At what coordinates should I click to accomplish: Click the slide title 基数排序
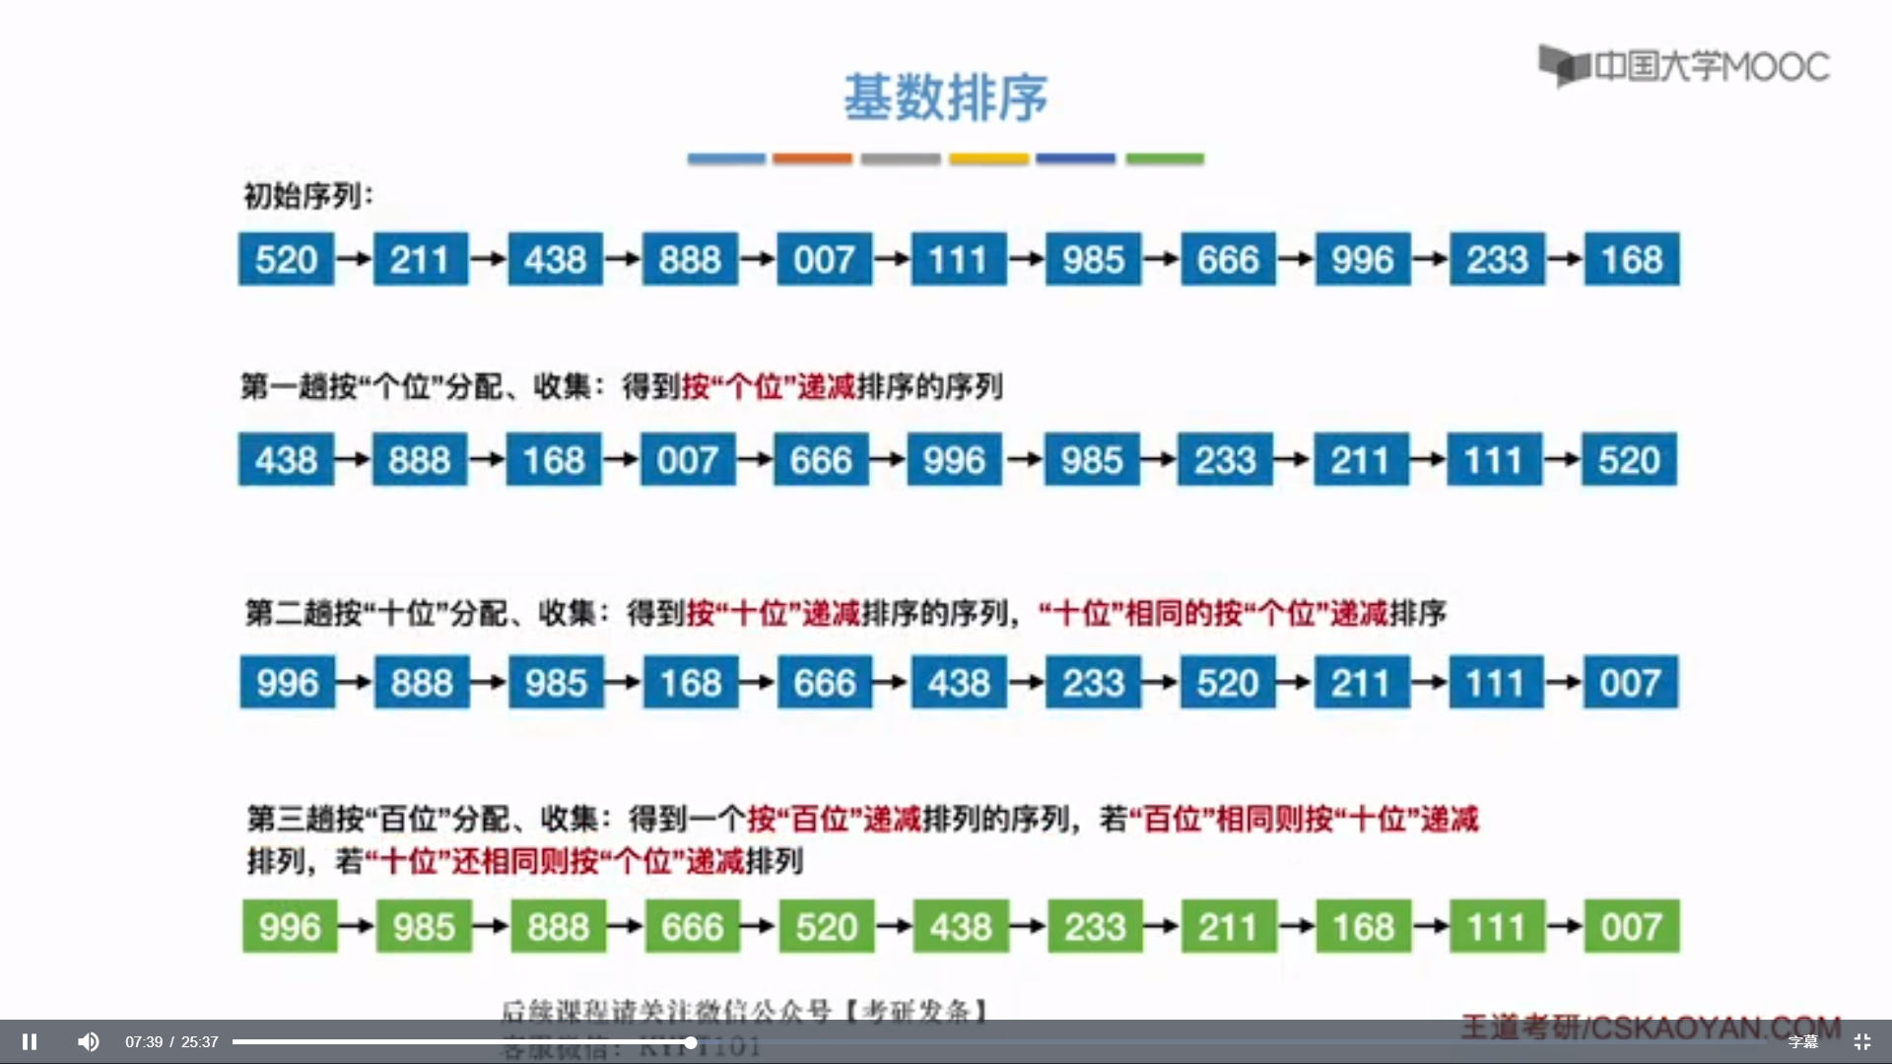[x=945, y=98]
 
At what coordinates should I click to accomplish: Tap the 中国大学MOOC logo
[x=1684, y=66]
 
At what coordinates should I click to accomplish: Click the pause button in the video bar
[x=30, y=1041]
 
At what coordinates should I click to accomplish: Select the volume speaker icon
[x=89, y=1041]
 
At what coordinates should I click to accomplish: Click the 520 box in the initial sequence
[x=286, y=259]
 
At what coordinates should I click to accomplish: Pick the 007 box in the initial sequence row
[x=824, y=259]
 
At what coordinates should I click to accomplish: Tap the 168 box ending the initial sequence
[x=1631, y=259]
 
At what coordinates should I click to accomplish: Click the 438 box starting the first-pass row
[x=286, y=459]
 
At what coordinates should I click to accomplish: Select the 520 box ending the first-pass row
[x=1629, y=459]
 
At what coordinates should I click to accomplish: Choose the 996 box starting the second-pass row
[x=288, y=682]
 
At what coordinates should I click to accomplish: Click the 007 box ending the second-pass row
[x=1630, y=682]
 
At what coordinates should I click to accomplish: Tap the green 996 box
[x=290, y=926]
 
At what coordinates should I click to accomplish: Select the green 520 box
[x=827, y=926]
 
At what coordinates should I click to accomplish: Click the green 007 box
[x=1631, y=926]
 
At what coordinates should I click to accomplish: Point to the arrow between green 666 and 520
[x=759, y=926]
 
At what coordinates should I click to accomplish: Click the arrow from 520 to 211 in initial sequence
[x=354, y=259]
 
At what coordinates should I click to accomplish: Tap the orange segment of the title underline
[x=812, y=159]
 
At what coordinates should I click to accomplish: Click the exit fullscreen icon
[x=1861, y=1041]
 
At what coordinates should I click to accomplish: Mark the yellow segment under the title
[x=988, y=159]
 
